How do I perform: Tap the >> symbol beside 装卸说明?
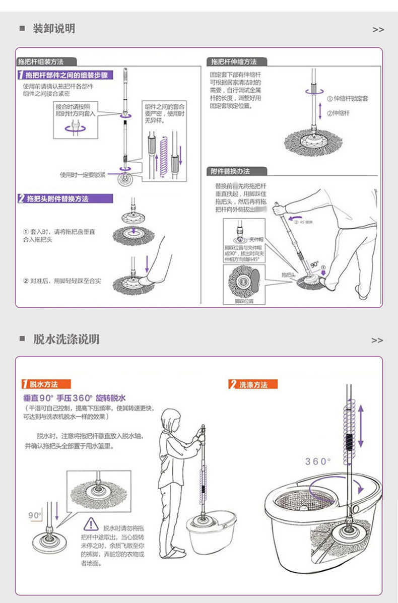pos(378,30)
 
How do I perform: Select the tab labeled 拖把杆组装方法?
pos(41,62)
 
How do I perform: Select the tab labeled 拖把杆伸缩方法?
pos(234,62)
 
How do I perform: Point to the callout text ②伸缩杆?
pos(338,113)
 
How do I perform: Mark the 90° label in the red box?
pos(35,515)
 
